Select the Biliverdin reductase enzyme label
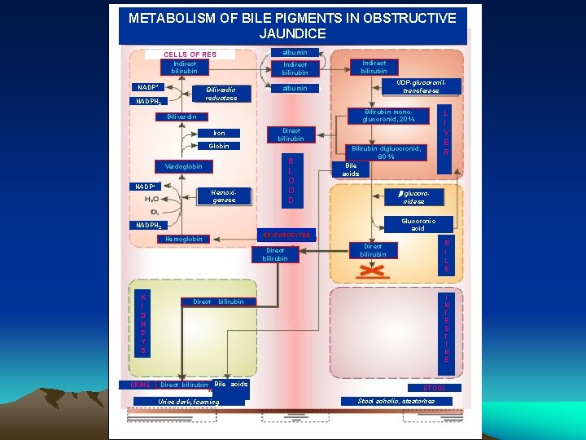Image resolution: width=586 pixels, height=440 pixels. [221, 94]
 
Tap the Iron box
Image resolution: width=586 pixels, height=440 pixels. [219, 133]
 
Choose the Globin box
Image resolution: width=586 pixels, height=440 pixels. [219, 147]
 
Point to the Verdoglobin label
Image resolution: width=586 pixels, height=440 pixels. [183, 166]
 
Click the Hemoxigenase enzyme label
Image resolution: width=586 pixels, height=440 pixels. [223, 196]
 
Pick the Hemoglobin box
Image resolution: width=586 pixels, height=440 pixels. [183, 239]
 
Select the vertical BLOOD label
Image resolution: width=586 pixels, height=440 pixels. [291, 180]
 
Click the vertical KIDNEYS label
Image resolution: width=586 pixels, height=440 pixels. [143, 324]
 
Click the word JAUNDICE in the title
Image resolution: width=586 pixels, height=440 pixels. [293, 34]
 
